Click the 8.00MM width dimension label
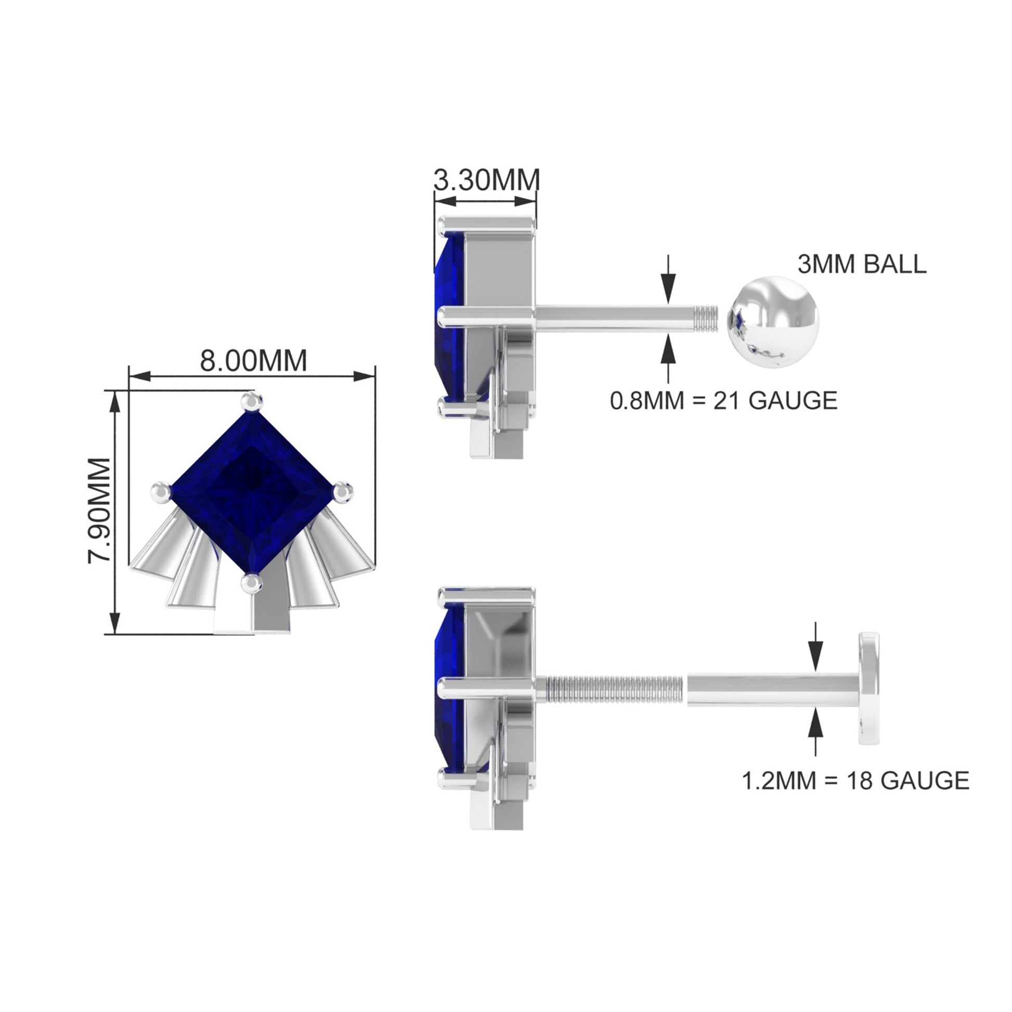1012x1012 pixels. (254, 361)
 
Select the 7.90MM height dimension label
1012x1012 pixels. (99, 511)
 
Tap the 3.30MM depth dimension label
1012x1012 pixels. (487, 180)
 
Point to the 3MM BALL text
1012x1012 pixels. (862, 265)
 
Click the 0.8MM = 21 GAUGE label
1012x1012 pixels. (723, 401)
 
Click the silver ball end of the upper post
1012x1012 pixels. (773, 322)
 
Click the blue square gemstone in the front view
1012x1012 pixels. (252, 492)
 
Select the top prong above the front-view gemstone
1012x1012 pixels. (252, 402)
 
